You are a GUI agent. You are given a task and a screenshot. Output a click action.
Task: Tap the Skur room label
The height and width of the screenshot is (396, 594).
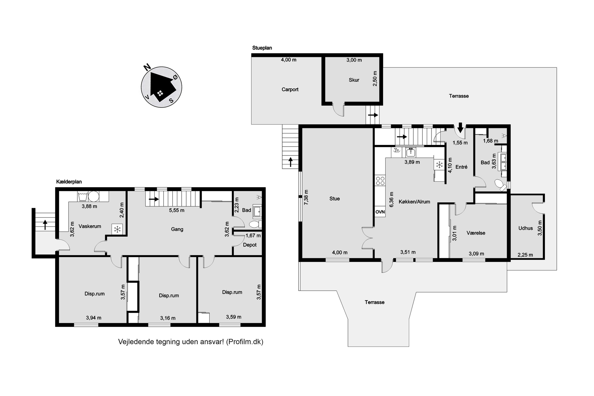click(x=354, y=80)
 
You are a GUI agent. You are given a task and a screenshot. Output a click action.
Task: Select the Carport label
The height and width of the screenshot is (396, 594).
click(x=290, y=89)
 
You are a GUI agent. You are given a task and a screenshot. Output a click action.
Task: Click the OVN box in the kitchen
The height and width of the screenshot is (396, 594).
click(x=380, y=212)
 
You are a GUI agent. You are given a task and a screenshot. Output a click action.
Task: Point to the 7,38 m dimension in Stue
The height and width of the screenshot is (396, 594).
click(x=306, y=197)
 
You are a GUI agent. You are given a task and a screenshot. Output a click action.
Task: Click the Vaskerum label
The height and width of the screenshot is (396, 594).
click(x=90, y=226)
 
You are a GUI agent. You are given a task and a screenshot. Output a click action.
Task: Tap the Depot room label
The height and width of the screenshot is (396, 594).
click(x=250, y=245)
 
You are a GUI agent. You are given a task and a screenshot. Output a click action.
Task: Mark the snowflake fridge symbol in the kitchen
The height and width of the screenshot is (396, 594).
click(x=440, y=165)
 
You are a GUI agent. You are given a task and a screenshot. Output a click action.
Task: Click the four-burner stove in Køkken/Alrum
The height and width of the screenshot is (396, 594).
click(x=380, y=181)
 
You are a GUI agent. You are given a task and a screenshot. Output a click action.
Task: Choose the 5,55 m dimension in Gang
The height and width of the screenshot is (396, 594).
click(x=176, y=210)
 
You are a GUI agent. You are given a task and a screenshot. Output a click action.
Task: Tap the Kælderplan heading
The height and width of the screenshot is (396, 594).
click(x=69, y=182)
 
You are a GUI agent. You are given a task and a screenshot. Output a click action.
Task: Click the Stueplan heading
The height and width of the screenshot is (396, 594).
click(x=262, y=48)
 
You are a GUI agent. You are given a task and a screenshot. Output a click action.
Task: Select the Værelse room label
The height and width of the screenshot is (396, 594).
click(x=476, y=233)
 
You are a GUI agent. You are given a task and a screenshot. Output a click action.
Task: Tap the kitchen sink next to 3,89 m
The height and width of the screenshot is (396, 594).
click(x=411, y=153)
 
